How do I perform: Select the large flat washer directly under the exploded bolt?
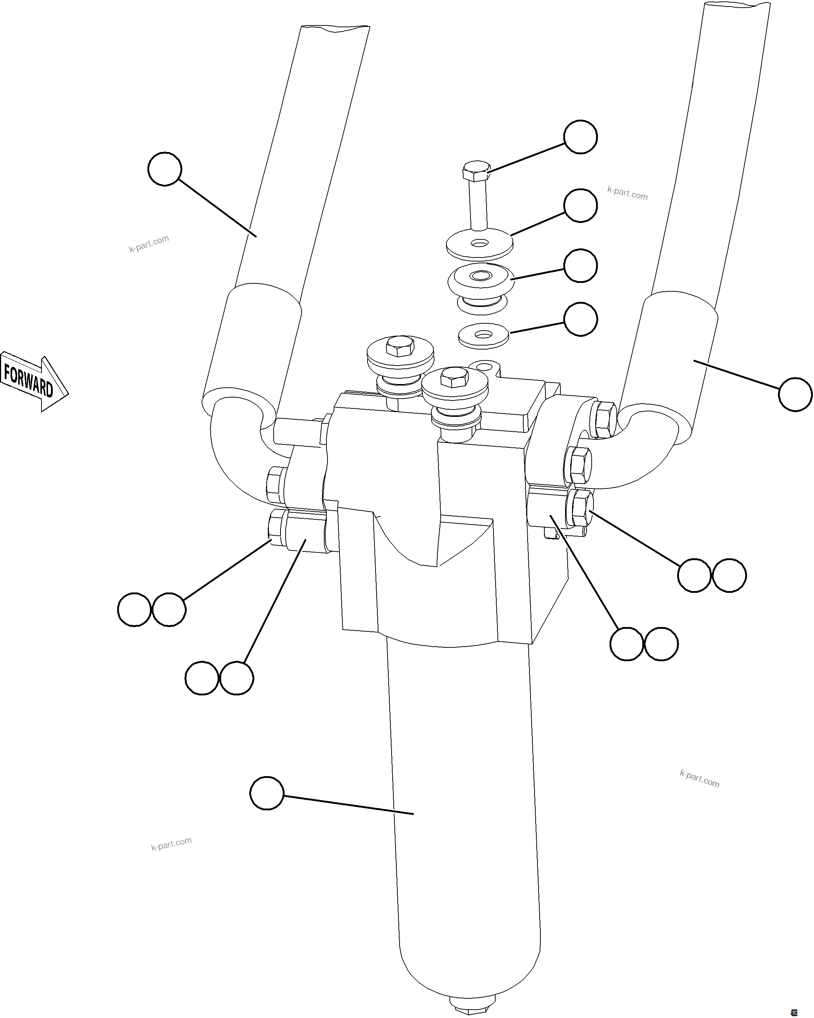480,244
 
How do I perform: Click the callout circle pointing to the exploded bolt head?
580,136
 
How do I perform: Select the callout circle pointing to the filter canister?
266,793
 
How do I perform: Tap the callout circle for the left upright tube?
164,168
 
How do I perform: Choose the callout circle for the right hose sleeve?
795,394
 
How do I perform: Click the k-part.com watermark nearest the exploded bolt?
627,193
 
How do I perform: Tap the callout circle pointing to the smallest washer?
580,319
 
